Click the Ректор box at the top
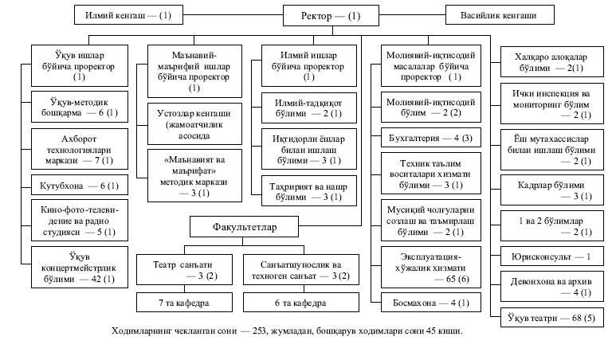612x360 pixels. [x=331, y=16]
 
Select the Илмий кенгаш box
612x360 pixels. [x=128, y=15]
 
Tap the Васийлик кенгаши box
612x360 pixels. [x=500, y=15]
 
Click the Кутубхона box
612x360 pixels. [x=80, y=186]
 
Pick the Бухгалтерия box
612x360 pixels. [x=431, y=138]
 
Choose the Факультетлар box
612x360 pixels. [x=244, y=227]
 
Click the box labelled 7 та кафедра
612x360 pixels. [x=184, y=303]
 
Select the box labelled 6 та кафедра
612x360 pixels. [x=301, y=303]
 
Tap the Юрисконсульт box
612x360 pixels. [x=552, y=256]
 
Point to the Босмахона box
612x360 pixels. [x=431, y=303]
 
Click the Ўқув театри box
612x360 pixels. [x=552, y=318]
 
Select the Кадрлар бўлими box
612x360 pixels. [x=552, y=190]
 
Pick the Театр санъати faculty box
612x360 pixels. [x=184, y=270]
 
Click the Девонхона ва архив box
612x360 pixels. [x=552, y=287]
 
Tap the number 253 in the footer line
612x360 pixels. [x=260, y=331]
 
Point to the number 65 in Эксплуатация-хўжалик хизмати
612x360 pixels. [x=451, y=279]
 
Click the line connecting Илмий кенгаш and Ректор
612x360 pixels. [x=233, y=15]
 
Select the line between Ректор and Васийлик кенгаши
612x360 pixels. [x=412, y=15]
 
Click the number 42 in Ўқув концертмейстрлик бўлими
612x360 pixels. [x=96, y=279]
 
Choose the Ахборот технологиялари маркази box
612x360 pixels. [x=80, y=150]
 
